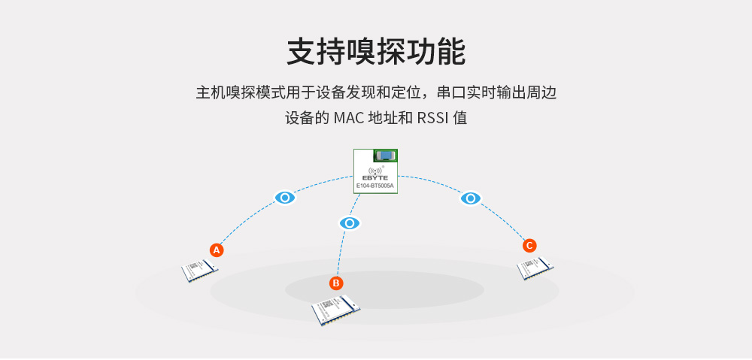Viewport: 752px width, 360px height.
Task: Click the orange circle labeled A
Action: point(217,250)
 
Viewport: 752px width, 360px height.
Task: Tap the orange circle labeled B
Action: point(336,283)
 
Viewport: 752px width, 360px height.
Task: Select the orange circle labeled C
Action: point(529,245)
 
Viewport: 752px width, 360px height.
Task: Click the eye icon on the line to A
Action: point(284,198)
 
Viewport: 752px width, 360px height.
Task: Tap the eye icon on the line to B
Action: point(350,223)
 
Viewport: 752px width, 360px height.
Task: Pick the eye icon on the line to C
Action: point(471,198)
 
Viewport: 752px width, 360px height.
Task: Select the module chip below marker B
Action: point(335,310)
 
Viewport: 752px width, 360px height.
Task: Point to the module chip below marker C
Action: point(535,267)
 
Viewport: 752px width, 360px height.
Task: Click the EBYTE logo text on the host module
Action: point(375,177)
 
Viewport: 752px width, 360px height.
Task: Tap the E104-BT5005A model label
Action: point(375,185)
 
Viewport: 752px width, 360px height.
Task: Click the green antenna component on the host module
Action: point(386,156)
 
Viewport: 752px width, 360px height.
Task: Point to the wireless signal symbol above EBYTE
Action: point(375,170)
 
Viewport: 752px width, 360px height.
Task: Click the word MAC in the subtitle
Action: point(347,118)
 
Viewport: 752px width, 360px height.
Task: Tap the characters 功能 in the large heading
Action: point(437,53)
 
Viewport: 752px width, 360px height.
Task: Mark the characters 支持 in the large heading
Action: point(315,53)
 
